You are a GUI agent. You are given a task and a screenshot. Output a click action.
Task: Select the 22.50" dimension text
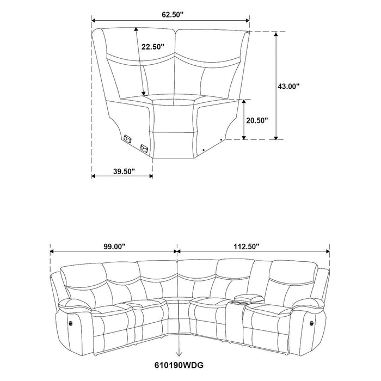[153, 47]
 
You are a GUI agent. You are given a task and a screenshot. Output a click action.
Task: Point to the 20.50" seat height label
[256, 120]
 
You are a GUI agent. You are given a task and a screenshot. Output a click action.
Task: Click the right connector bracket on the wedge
[145, 146]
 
